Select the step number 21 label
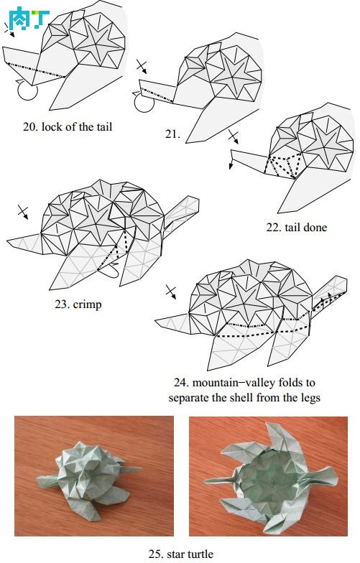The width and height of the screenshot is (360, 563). coord(172,134)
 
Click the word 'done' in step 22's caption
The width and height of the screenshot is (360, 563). coord(315,227)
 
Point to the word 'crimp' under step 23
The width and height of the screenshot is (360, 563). coord(88,304)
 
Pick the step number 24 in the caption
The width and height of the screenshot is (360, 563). coord(181,382)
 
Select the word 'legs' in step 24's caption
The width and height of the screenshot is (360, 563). coord(309,399)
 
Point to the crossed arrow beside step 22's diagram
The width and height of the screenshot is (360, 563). coord(233,136)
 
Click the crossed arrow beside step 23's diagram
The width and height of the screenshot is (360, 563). coord(23,212)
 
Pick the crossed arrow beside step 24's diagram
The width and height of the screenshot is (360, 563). coord(171,292)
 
